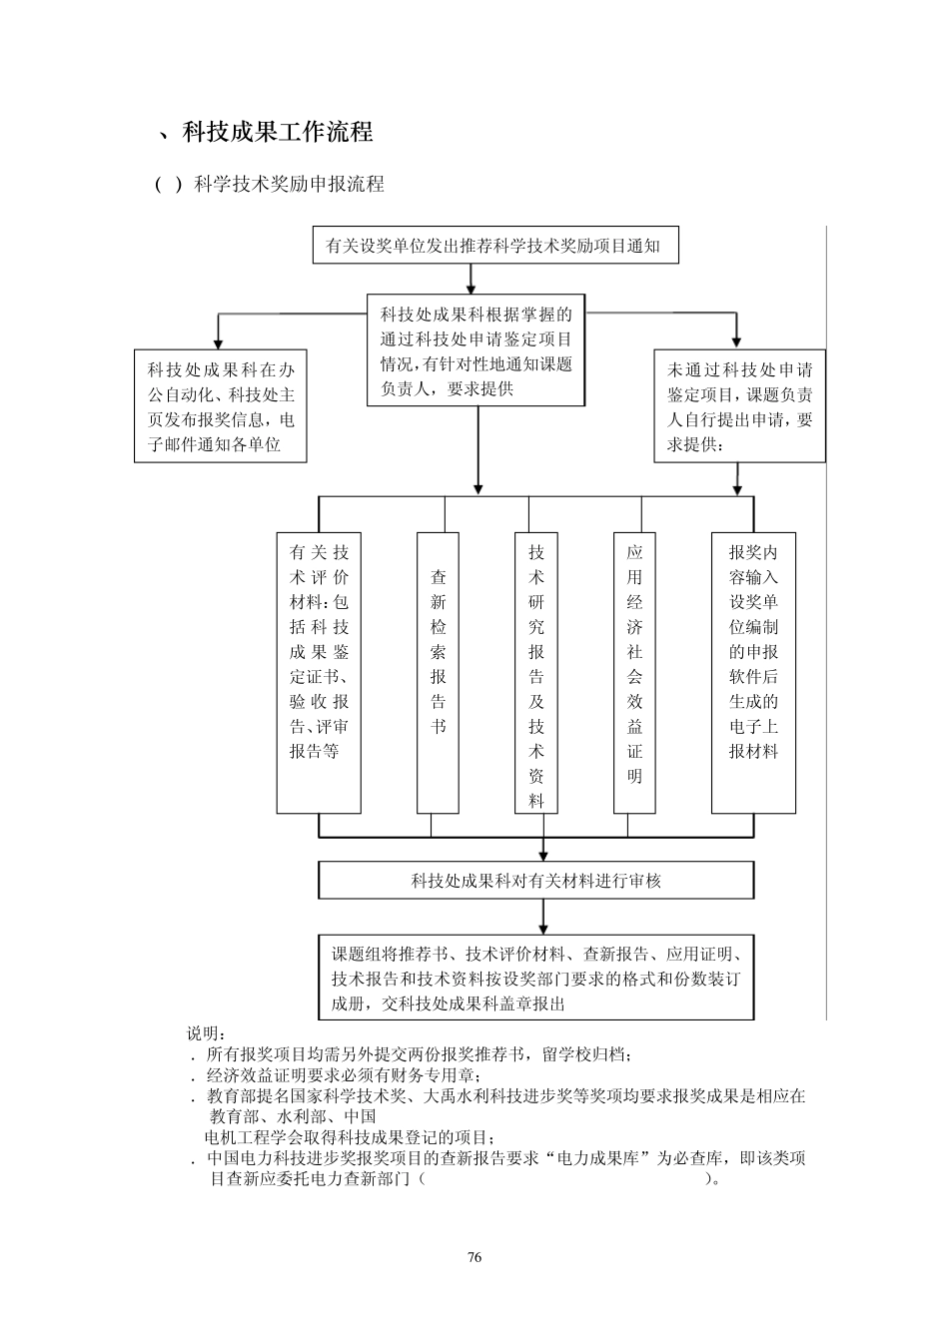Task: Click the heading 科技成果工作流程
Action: pos(278,132)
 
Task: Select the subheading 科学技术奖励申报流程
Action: pos(289,184)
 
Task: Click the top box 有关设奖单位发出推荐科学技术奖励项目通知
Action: pos(493,246)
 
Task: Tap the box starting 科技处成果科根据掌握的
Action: pos(475,350)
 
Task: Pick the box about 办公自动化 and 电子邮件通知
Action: pos(220,406)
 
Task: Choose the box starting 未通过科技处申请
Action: pos(739,406)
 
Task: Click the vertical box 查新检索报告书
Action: pos(438,672)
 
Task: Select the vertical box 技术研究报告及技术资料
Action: pos(536,672)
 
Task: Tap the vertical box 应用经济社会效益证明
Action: pos(634,672)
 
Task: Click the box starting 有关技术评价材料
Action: pos(319,672)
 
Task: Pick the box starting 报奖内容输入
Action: pos(753,672)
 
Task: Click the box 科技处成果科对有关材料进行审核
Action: pos(536,881)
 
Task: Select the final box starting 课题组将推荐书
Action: pos(536,978)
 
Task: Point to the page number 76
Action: pos(474,1257)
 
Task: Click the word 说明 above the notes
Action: pos(206,1032)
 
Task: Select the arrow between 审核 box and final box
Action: pos(543,916)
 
